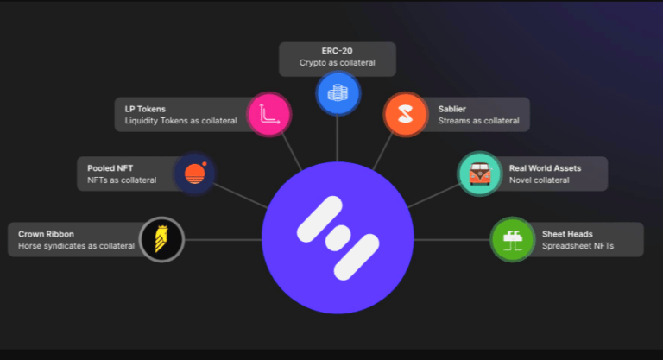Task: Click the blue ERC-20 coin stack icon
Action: coord(338,93)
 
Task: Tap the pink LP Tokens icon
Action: coord(269,114)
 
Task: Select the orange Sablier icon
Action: coord(406,114)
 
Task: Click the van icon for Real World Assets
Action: coord(479,174)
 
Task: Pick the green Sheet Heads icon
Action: coord(513,239)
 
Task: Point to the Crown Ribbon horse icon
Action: coord(161,239)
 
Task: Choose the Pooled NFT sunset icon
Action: coord(194,174)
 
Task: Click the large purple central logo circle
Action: coord(338,237)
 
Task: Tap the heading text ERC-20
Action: coord(337,51)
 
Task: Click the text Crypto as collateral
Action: coord(337,63)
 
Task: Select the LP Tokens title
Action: coord(145,109)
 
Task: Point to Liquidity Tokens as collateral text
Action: coord(180,121)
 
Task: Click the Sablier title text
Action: coord(452,109)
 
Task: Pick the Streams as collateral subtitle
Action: coord(478,121)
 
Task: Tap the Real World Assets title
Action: coord(545,168)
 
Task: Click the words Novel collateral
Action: coord(539,180)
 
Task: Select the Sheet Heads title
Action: coord(567,234)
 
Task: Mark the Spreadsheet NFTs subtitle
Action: coord(578,246)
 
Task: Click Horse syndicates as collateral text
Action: coord(76,246)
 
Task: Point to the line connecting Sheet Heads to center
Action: coord(452,240)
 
